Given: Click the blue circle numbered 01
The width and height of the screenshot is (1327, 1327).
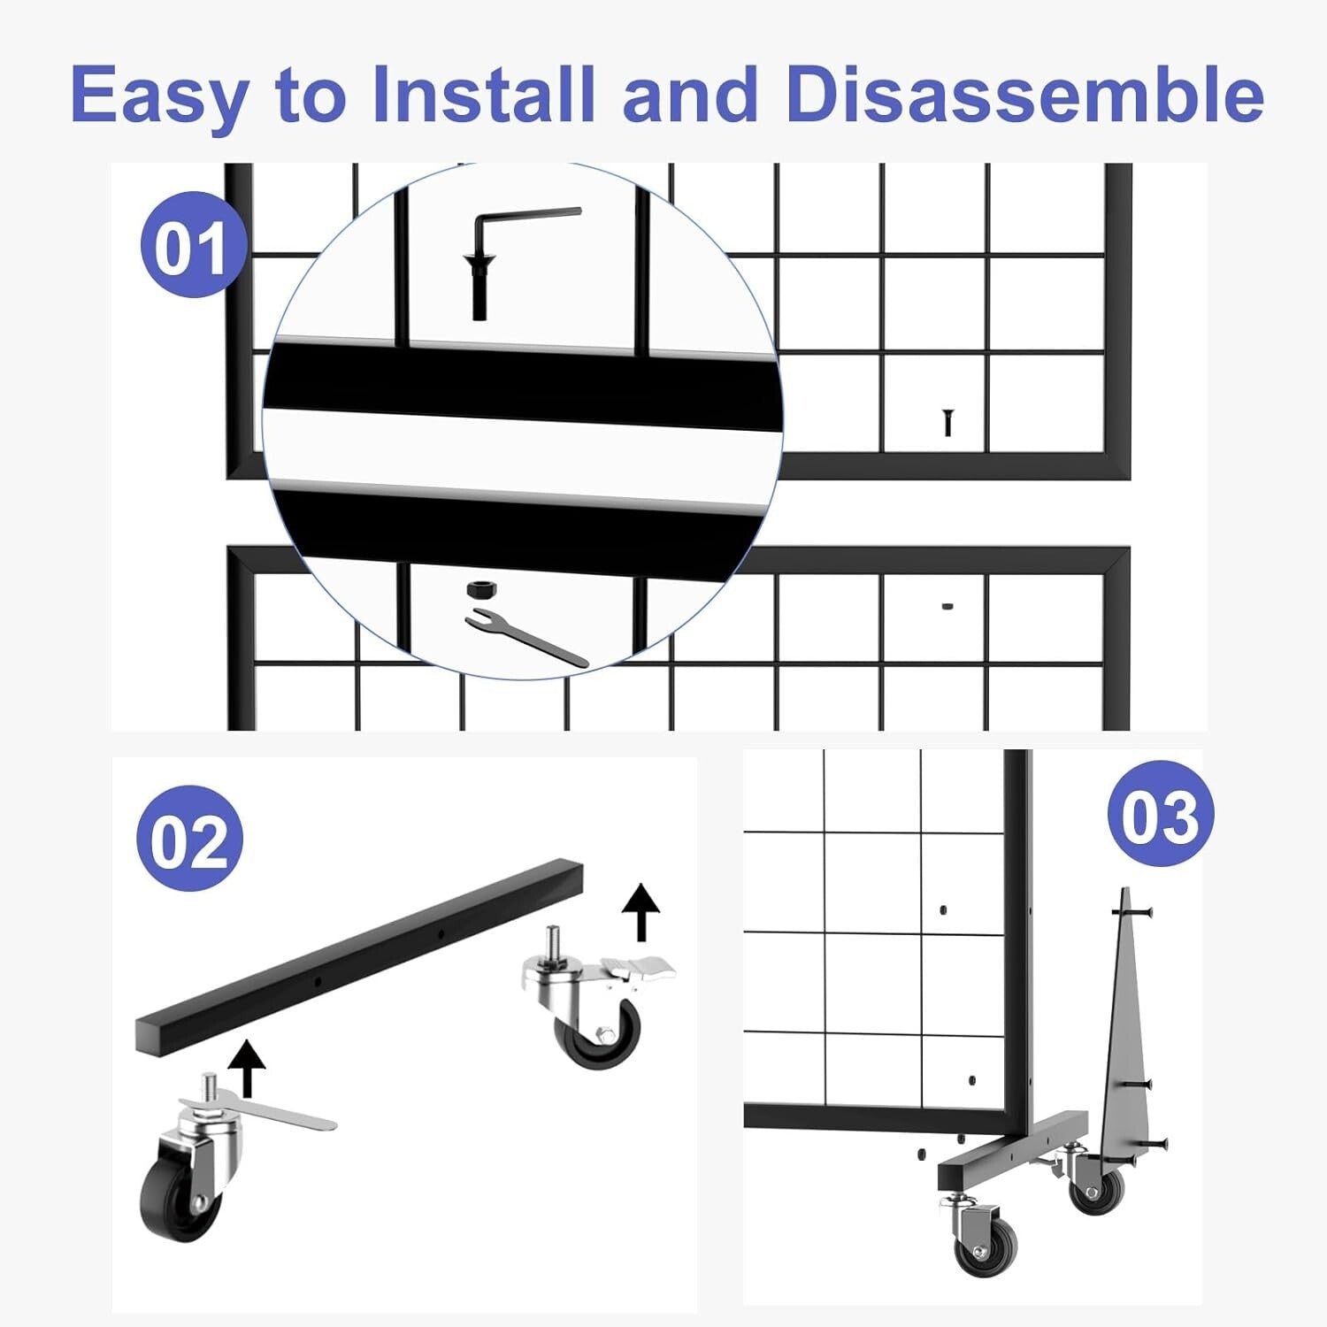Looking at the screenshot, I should (193, 245).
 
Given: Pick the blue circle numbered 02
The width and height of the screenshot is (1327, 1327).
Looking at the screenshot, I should (189, 839).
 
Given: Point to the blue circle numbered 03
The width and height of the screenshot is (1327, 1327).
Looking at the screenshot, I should (1160, 814).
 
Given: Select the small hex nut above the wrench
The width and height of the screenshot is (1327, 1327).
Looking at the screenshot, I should (479, 589).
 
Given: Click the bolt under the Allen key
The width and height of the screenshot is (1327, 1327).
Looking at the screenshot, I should (479, 288).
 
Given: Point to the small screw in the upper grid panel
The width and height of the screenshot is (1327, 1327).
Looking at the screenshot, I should (947, 422).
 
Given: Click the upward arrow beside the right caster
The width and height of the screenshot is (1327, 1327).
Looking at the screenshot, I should (640, 911).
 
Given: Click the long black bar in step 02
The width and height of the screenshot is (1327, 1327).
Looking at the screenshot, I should (358, 955).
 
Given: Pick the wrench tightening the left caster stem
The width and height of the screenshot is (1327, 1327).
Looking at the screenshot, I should (265, 1110).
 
